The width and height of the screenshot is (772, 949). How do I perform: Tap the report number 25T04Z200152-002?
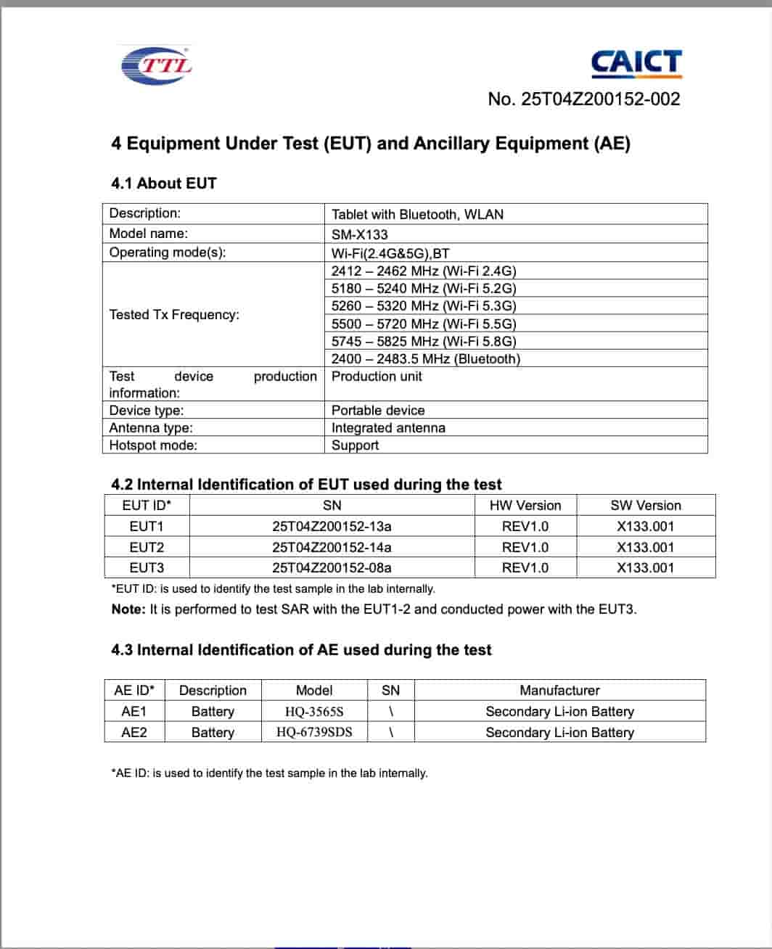click(x=584, y=99)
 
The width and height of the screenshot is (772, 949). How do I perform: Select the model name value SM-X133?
click(x=360, y=234)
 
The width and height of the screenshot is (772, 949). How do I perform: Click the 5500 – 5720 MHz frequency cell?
click(x=424, y=324)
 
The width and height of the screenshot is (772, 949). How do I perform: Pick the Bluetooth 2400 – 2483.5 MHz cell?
click(x=426, y=358)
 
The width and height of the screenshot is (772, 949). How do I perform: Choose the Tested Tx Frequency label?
click(x=174, y=314)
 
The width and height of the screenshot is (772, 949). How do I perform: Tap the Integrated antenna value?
click(x=388, y=428)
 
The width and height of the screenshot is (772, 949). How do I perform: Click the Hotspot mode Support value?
click(x=355, y=445)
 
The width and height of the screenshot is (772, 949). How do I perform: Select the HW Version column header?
click(x=525, y=506)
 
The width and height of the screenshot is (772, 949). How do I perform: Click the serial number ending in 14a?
click(x=332, y=547)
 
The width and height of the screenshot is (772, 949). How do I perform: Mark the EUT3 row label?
click(x=147, y=567)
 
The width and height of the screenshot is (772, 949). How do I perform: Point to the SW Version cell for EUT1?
click(x=645, y=526)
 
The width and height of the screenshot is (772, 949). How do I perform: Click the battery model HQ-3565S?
click(x=314, y=711)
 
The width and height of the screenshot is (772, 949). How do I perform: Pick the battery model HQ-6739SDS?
click(x=314, y=732)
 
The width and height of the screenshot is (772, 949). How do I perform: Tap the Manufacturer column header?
click(x=559, y=690)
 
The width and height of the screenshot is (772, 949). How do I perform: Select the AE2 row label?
click(x=134, y=732)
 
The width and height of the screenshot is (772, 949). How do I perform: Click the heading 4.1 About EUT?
click(x=164, y=183)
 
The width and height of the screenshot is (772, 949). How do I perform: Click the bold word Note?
click(x=128, y=609)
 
